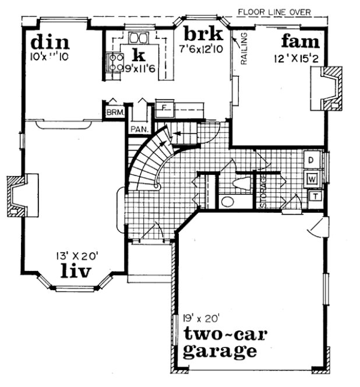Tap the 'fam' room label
coord(300,42)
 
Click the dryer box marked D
coord(312,159)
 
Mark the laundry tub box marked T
coord(313,196)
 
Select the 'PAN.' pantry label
coord(139,128)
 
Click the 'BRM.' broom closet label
coord(114,112)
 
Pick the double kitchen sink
coord(139,38)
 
